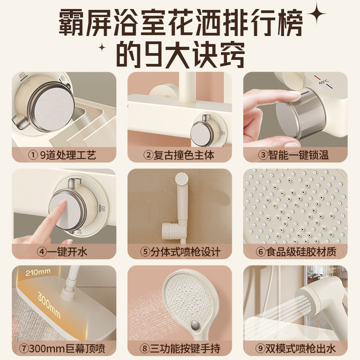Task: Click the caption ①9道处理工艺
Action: click(62, 155)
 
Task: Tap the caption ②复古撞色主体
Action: click(179, 155)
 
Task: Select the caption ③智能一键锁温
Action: click(294, 155)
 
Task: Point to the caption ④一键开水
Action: click(62, 252)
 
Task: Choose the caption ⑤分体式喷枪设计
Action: click(180, 252)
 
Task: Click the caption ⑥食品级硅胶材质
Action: click(296, 252)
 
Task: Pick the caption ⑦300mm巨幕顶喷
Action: click(62, 349)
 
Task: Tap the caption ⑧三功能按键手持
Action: click(180, 349)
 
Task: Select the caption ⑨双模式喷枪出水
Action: click(296, 349)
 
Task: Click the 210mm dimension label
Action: click(38, 272)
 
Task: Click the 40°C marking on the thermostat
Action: click(323, 82)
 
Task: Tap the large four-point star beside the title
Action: click(316, 13)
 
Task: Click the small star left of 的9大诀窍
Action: click(102, 48)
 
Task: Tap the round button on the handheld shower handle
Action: click(195, 325)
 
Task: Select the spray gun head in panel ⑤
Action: click(182, 179)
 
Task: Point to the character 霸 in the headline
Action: click(71, 22)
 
